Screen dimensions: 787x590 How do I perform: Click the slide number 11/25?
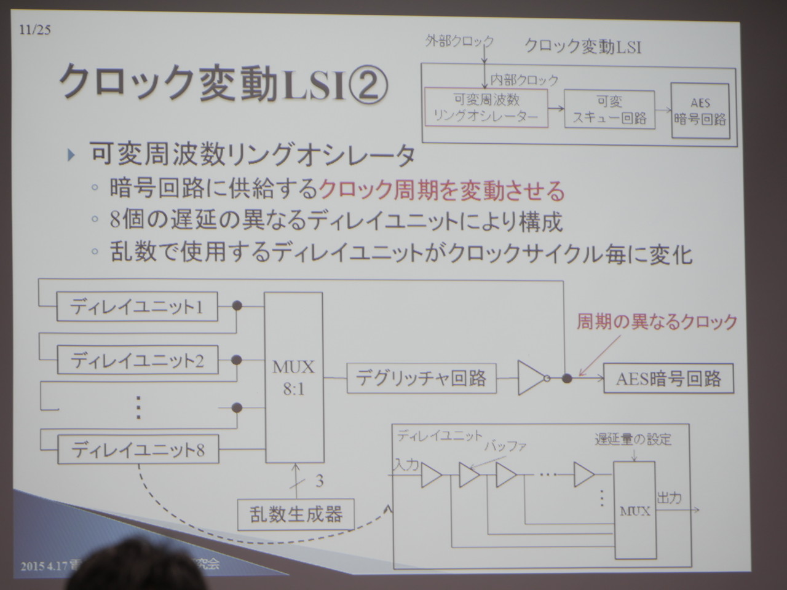pyautogui.click(x=34, y=29)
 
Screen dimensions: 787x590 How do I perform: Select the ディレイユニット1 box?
pyautogui.click(x=136, y=306)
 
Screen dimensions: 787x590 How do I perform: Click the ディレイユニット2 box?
pyautogui.click(x=137, y=360)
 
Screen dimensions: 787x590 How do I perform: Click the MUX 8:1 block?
pyautogui.click(x=293, y=377)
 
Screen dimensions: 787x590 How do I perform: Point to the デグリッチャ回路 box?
pyautogui.click(x=421, y=378)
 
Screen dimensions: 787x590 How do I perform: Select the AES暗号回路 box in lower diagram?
pyautogui.click(x=668, y=379)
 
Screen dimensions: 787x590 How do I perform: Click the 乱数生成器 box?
pyautogui.click(x=296, y=514)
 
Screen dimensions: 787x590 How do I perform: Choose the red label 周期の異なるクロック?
pyautogui.click(x=656, y=322)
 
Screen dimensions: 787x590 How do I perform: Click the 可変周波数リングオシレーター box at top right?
pyautogui.click(x=486, y=108)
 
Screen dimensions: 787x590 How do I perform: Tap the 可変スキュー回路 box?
pyautogui.click(x=609, y=109)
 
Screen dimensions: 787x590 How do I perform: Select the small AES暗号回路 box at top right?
pyautogui.click(x=700, y=111)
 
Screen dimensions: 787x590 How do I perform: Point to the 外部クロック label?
pyautogui.click(x=459, y=42)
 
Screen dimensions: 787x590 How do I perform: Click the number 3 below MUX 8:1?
pyautogui.click(x=319, y=480)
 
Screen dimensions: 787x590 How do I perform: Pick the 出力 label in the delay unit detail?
pyautogui.click(x=669, y=497)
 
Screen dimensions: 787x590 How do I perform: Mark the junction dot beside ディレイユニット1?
pyautogui.click(x=237, y=305)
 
